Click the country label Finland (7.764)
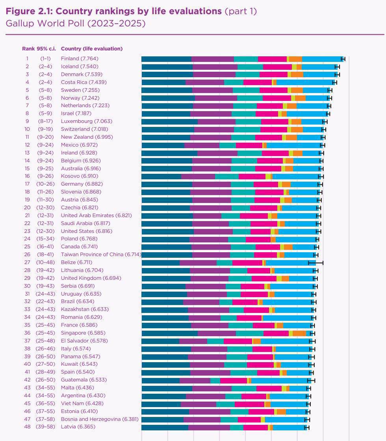81,59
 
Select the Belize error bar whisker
315,262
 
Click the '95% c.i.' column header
46,49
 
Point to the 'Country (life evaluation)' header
91,49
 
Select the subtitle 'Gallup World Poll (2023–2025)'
75,24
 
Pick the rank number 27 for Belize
27,262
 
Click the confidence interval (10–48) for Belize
46,262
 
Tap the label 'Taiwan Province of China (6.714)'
101,255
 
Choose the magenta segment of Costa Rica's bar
258,82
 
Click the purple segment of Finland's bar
213,59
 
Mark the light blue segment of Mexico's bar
294,145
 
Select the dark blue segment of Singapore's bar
169,333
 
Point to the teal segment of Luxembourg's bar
248,121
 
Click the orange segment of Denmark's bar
297,74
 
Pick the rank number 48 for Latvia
27,427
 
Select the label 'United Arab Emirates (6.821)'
96,216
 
